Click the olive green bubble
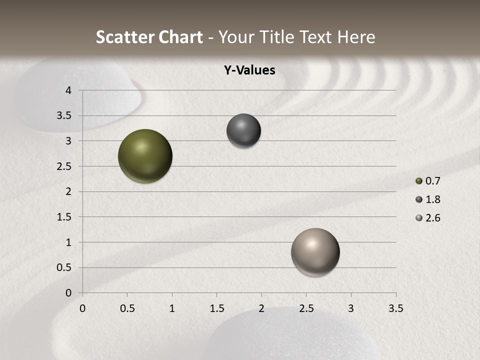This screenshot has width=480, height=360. point(145,156)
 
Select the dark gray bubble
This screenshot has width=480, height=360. point(243,131)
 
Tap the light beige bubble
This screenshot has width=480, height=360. point(315,252)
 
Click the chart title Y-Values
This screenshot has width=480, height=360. point(249,70)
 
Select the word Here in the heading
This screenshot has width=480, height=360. point(356,37)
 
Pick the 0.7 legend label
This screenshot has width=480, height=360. point(432,181)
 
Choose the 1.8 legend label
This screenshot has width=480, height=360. point(432,199)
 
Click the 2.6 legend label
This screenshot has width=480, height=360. point(432,218)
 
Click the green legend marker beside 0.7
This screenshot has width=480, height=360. point(419,181)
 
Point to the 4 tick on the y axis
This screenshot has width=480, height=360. point(69,90)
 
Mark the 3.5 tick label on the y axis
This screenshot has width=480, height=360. point(65,116)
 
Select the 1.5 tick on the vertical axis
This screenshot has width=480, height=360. point(65,217)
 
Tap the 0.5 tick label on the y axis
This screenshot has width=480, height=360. point(65,267)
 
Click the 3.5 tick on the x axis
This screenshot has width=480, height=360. point(395,308)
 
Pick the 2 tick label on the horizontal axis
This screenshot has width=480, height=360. point(261,308)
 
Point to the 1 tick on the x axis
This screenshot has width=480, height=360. point(172,308)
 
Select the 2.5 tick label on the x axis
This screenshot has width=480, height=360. point(306,308)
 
